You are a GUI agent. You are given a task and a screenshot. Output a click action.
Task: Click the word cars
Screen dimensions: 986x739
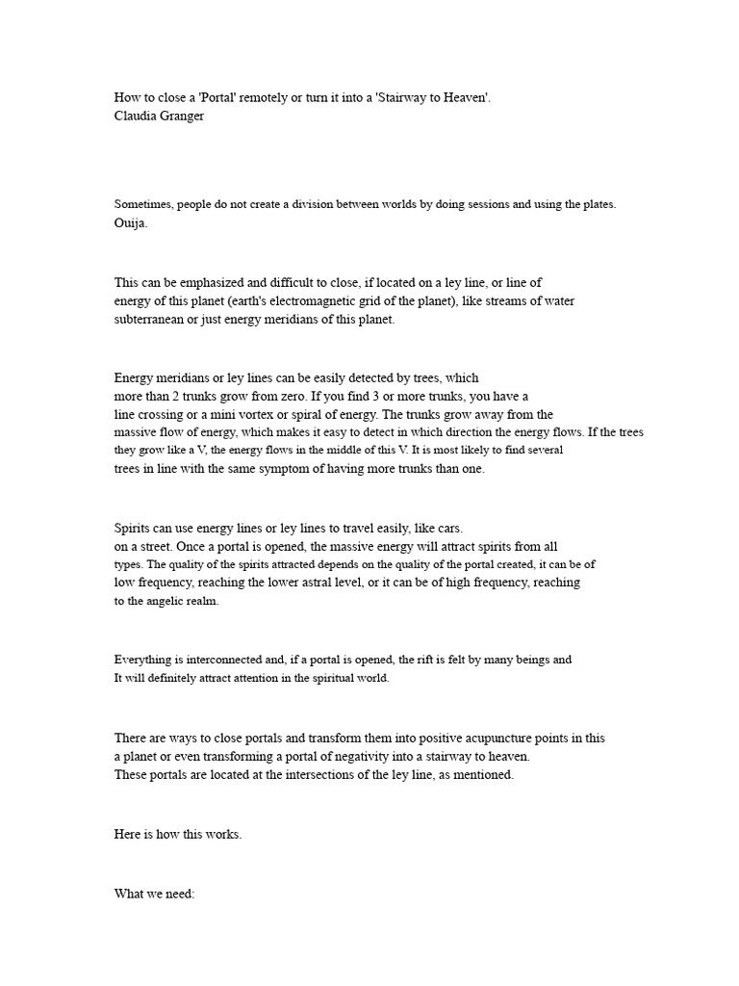pyautogui.click(x=448, y=528)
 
